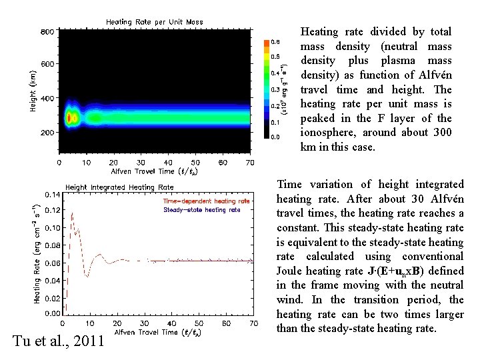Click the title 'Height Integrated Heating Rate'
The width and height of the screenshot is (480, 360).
tap(119, 187)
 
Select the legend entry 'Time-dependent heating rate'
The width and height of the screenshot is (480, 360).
tap(207, 201)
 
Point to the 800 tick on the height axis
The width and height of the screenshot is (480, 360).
tap(47, 31)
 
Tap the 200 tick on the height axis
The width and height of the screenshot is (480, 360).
tap(47, 133)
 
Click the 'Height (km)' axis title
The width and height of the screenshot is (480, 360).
tap(33, 87)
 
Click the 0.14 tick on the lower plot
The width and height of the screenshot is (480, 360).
tap(51, 194)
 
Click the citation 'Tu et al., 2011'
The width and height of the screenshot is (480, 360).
tap(58, 341)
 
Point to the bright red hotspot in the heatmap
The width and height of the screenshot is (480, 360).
tap(70, 118)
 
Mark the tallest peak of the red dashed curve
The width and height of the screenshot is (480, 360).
tap(72, 213)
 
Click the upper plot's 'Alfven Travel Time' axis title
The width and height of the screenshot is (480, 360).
tap(145, 171)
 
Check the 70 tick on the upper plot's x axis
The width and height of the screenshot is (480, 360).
tap(250, 162)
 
